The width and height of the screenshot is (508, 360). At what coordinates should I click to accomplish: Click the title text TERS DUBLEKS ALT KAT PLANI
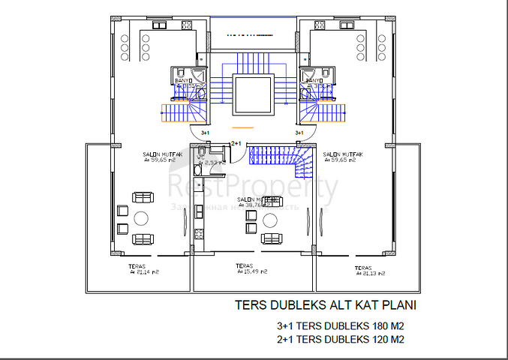pyautogui.click(x=324, y=306)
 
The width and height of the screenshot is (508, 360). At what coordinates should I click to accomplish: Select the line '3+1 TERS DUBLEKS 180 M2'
pyautogui.click(x=341, y=326)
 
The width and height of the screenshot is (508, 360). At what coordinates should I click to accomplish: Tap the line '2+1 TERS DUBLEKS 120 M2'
pyautogui.click(x=341, y=339)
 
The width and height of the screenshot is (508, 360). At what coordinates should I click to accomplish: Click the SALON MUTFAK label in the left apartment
pyautogui.click(x=159, y=156)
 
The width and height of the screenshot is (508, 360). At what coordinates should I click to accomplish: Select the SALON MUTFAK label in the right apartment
pyautogui.click(x=343, y=156)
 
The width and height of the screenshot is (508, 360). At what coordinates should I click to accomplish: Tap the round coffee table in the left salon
pyautogui.click(x=142, y=218)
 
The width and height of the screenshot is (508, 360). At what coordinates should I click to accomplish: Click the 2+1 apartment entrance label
pyautogui.click(x=236, y=142)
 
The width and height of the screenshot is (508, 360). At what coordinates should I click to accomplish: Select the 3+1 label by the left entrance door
pyautogui.click(x=206, y=133)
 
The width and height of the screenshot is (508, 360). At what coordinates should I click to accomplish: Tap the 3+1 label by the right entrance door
pyautogui.click(x=299, y=133)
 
